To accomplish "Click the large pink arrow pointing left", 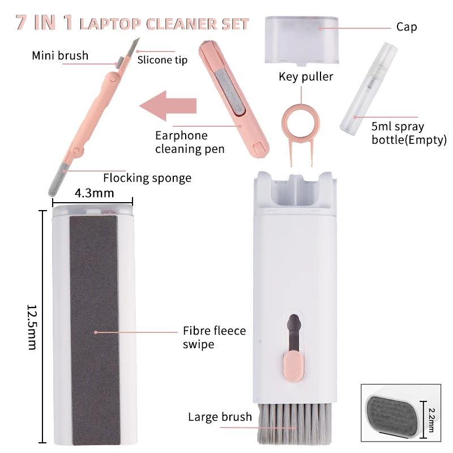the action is (168, 106).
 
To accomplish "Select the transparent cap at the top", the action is (302, 40).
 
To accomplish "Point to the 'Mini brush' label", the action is (60, 55).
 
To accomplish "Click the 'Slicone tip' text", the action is (163, 60).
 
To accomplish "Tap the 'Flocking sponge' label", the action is (147, 178).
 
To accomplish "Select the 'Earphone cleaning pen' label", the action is (190, 142).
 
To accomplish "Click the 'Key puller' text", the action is (306, 76).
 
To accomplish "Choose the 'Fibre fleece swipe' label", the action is (215, 337).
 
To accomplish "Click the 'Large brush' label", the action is (220, 417).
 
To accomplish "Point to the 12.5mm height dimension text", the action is (32, 327).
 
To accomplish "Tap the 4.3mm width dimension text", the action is (95, 193).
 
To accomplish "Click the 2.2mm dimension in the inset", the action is (431, 420).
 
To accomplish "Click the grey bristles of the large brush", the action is (294, 422).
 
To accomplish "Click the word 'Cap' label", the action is (407, 27).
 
